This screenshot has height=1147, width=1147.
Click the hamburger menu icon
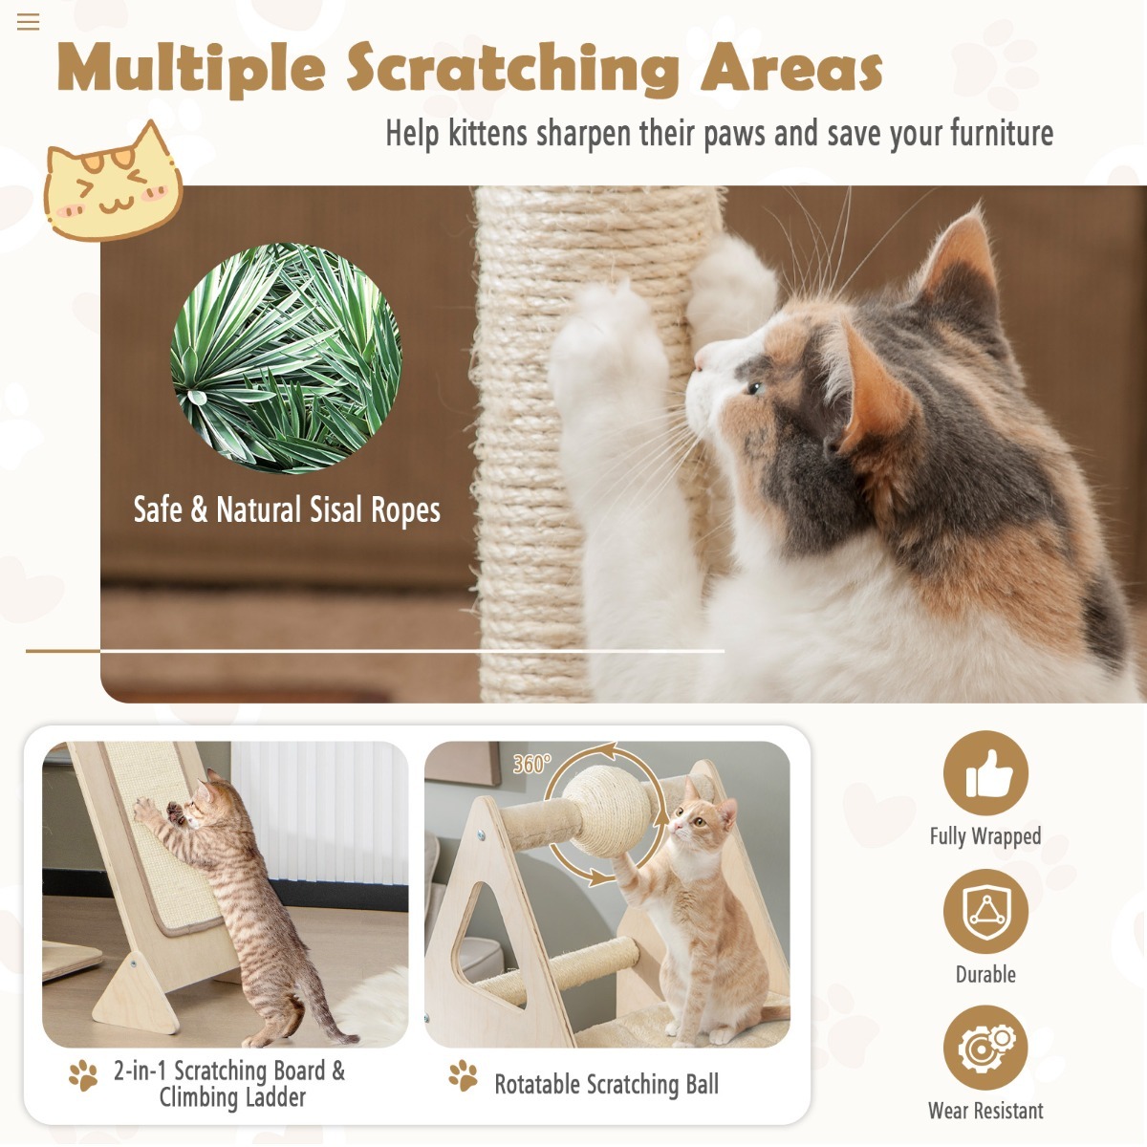pos(29,22)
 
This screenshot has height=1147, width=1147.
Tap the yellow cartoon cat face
pos(112,184)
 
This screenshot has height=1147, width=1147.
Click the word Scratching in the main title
pos(512,69)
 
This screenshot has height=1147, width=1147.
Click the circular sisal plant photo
pos(286,357)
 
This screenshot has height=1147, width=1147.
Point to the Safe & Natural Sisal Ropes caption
pos(287,509)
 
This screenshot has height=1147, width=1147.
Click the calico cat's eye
pos(755,387)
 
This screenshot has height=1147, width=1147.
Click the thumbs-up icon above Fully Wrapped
pos(985,773)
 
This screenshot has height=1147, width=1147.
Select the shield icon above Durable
pos(985,911)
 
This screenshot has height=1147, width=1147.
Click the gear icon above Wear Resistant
pos(985,1048)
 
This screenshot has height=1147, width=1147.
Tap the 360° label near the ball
pos(531,763)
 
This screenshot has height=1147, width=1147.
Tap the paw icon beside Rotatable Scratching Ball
pos(464,1076)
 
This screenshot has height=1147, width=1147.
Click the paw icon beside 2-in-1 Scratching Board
pos(83,1075)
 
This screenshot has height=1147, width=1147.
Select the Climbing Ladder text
pos(232,1097)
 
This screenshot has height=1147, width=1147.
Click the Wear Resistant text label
pos(985,1111)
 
